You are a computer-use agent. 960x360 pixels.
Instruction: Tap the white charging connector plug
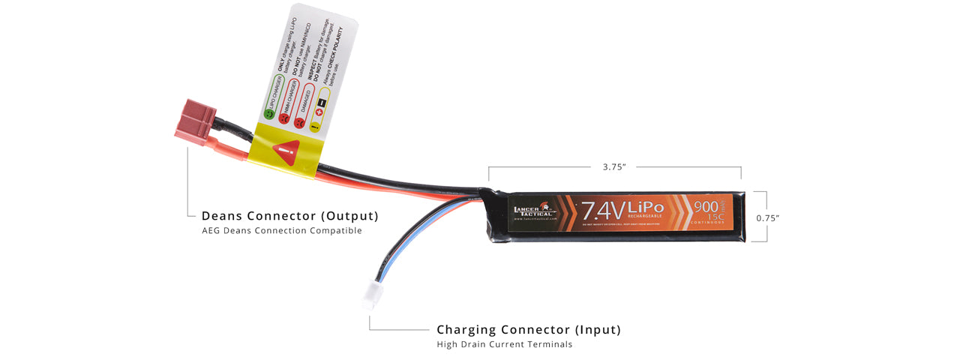[x=370, y=298]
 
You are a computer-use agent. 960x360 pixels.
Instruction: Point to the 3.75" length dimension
[x=613, y=167]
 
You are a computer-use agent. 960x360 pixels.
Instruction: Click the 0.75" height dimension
[x=767, y=217]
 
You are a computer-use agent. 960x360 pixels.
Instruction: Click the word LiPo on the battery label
[x=646, y=207]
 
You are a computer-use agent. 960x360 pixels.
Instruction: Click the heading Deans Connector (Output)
[x=289, y=216]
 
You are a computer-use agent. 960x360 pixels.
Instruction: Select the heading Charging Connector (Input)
[x=529, y=330]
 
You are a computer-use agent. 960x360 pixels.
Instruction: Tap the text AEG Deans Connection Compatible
[x=282, y=231]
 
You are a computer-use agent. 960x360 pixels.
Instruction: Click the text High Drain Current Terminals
[x=505, y=345]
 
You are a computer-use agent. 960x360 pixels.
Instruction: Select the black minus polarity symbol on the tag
[x=322, y=103]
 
